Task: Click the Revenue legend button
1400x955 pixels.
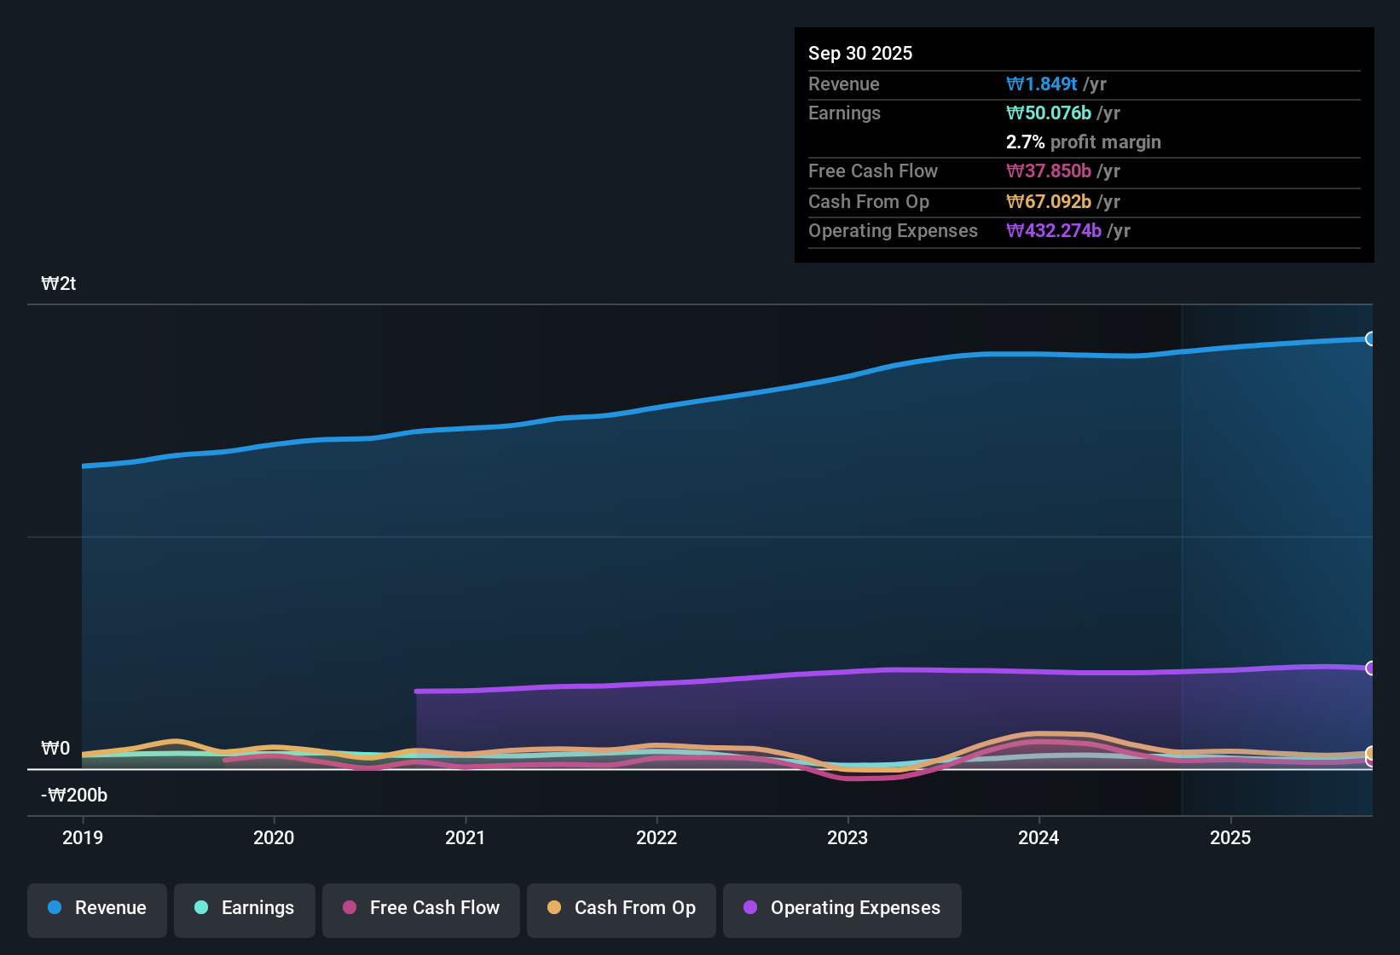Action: pos(97,908)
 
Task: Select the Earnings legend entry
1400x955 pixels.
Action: pos(245,908)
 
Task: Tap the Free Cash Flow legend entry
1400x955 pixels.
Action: pos(421,908)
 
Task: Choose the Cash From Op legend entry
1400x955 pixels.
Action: pos(622,908)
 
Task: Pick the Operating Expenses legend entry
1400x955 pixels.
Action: pos(842,908)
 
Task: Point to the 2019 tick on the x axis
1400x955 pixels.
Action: pos(83,837)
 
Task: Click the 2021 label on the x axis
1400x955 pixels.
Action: pos(466,837)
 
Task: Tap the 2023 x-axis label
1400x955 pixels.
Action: pos(848,837)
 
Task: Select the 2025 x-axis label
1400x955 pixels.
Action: pos(1230,837)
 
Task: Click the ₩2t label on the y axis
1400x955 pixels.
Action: pos(59,284)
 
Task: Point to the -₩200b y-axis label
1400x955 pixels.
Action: pos(74,796)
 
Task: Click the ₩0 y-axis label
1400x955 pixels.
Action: pos(55,749)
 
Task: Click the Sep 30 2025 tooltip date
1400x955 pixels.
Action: pos(860,53)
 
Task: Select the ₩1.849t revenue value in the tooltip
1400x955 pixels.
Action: pos(1042,84)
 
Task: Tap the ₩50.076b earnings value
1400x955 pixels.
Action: pos(1049,113)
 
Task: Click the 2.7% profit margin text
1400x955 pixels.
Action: pos(1083,142)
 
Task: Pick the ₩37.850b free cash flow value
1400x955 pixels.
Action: pos(1049,171)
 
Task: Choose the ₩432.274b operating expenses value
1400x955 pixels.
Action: pos(1054,230)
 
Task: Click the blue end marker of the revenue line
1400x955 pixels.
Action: pos(1370,339)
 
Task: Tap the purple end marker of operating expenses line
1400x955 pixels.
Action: pos(1370,668)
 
